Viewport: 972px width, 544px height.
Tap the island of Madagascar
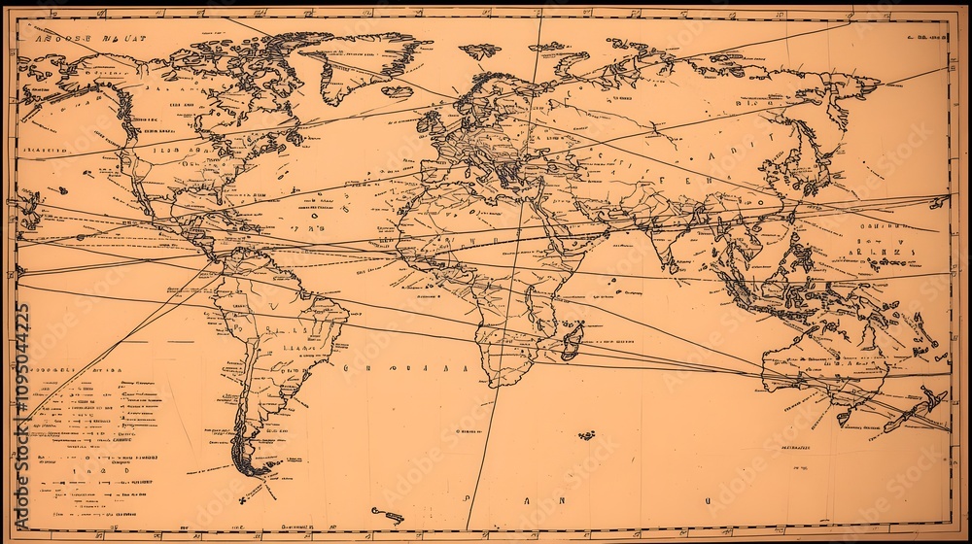click(573, 341)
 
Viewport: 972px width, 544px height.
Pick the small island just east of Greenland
click(397, 91)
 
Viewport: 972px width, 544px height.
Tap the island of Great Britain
click(431, 121)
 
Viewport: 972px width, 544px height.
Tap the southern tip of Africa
click(503, 381)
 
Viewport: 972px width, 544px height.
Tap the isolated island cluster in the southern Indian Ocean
click(586, 435)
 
